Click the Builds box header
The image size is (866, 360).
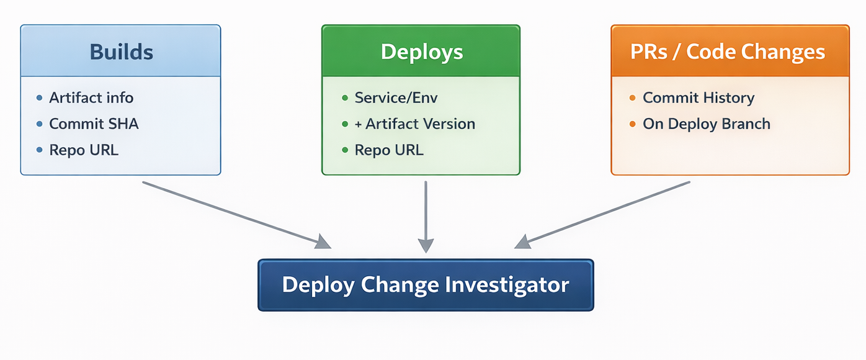121,51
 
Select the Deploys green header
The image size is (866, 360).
421,51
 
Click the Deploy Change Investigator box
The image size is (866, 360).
426,285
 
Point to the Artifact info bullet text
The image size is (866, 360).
91,97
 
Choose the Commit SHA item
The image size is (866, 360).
94,124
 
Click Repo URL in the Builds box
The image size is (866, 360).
84,150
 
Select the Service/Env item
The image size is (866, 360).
396,97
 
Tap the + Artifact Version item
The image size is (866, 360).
414,124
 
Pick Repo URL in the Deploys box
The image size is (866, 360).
389,150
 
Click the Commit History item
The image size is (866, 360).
699,97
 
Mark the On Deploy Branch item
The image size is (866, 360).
707,124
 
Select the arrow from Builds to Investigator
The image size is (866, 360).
236,214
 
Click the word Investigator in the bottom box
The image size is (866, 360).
507,285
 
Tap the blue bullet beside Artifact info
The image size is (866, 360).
40,97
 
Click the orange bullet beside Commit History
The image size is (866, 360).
632,97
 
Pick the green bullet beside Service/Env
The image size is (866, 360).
345,97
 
